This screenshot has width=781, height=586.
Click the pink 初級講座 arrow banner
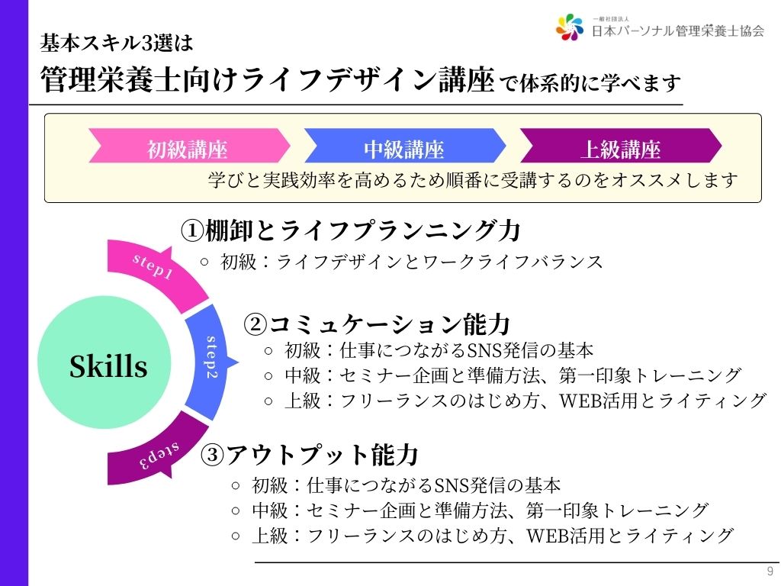(x=189, y=146)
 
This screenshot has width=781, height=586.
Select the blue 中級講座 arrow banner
(x=405, y=146)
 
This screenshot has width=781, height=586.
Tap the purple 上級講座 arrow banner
(x=621, y=146)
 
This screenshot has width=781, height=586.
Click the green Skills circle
(x=104, y=362)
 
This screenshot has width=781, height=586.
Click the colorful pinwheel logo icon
(x=570, y=27)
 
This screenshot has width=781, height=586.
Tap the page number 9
(x=770, y=571)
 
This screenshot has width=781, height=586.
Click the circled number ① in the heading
(x=192, y=230)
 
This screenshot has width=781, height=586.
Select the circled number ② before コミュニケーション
(x=256, y=324)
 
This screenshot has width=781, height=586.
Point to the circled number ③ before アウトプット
(x=212, y=455)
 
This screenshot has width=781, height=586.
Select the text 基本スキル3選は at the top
(x=117, y=43)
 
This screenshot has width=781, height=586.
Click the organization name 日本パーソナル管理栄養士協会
(x=678, y=31)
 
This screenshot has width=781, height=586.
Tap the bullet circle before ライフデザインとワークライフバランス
(x=204, y=262)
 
